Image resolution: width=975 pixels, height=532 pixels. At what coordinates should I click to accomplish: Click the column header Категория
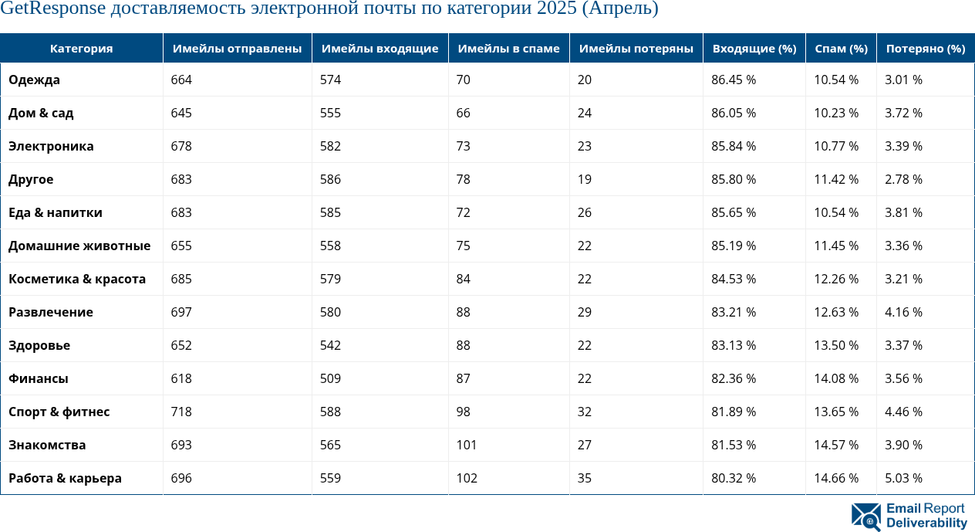81,49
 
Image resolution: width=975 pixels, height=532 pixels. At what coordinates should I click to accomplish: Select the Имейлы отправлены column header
237,49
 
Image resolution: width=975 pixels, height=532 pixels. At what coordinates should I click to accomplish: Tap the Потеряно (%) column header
925,49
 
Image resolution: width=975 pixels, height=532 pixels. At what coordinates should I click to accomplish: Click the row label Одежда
34,80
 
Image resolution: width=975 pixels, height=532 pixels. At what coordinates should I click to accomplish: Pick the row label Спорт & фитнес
59,412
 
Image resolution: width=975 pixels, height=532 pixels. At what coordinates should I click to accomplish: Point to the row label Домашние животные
79,246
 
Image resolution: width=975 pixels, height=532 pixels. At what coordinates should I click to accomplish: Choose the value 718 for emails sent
181,412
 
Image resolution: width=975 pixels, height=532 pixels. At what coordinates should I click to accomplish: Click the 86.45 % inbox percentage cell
733,80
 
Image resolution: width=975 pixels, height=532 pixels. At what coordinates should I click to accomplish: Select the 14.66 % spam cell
836,478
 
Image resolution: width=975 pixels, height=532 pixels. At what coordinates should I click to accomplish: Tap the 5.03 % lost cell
903,478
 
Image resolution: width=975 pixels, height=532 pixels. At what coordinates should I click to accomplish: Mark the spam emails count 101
467,445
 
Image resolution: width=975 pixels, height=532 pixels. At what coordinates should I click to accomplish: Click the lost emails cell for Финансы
584,378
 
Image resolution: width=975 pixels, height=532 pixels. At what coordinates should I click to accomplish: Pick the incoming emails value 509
330,378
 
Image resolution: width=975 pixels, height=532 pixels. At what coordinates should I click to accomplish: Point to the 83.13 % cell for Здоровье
733,345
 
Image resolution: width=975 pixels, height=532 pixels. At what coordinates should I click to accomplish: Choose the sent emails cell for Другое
181,179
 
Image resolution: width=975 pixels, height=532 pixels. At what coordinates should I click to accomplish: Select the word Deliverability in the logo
926,523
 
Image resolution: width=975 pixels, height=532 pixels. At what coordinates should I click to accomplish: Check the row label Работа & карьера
65,478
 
